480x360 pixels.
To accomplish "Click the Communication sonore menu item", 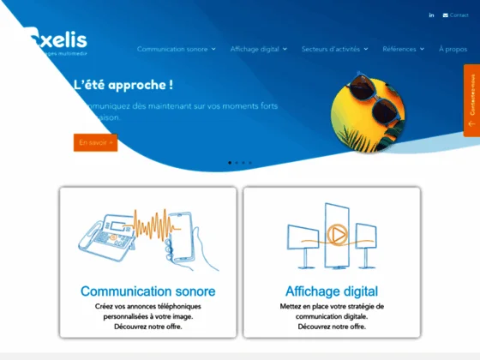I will point(176,49).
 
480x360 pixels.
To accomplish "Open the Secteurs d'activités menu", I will point(334,49).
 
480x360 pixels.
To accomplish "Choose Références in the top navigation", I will point(403,49).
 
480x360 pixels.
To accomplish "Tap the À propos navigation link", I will point(453,49).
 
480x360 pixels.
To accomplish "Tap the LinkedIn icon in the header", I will point(431,15).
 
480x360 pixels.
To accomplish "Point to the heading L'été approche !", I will point(123,85).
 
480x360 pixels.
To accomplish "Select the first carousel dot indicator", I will point(230,162).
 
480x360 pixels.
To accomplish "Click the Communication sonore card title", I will point(147,291).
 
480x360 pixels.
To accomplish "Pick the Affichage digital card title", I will point(331,291).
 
